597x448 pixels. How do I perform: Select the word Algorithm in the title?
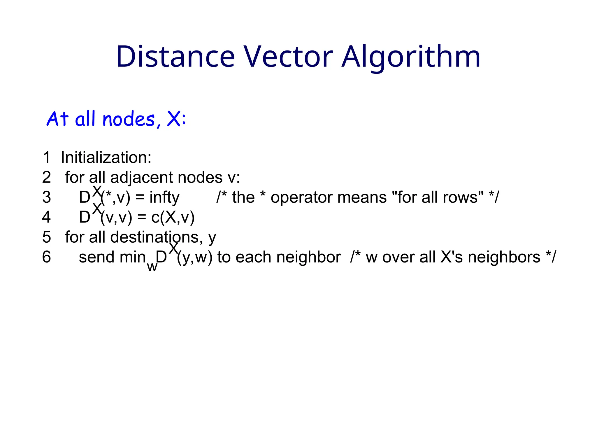coord(411,57)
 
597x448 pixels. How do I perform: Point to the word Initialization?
coord(106,157)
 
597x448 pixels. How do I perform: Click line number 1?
coord(46,157)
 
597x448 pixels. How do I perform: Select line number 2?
coord(46,177)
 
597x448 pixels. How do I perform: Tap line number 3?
coord(46,197)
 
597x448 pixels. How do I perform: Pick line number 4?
coord(46,217)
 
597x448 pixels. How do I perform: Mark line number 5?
coord(46,237)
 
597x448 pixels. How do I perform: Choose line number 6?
coord(46,257)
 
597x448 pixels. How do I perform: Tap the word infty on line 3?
coord(164,198)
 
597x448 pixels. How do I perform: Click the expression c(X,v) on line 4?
coord(173,218)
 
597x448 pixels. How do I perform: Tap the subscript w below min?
coord(152,267)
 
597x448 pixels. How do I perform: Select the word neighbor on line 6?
coord(308,257)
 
